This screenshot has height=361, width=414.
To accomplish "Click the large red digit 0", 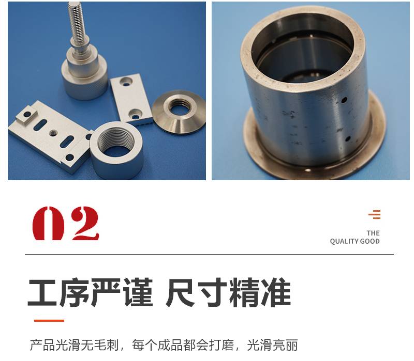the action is pos(49,224).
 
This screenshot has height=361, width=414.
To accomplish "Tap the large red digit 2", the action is pos(85,224).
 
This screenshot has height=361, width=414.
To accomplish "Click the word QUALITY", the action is pos(344,241).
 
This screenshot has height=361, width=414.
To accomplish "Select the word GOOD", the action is pos(370,241).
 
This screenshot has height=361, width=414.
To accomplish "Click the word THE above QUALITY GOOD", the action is pos(373,233).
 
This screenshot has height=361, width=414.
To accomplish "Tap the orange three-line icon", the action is pos(375,214).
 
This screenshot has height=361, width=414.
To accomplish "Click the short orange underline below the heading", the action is pos(49,321).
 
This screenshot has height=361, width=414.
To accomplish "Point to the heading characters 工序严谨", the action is pos(91,292).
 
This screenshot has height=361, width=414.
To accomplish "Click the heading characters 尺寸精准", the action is pos(228,292).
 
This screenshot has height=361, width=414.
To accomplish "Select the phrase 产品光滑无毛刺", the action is pos(75,345).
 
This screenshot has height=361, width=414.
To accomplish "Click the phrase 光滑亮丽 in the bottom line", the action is pos(272,345).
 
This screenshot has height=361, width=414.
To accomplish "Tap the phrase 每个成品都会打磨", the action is pos(183,345).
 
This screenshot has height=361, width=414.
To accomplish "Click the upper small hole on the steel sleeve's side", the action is pos(344,100).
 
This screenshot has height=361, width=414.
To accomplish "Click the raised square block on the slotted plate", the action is pos(27,115).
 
